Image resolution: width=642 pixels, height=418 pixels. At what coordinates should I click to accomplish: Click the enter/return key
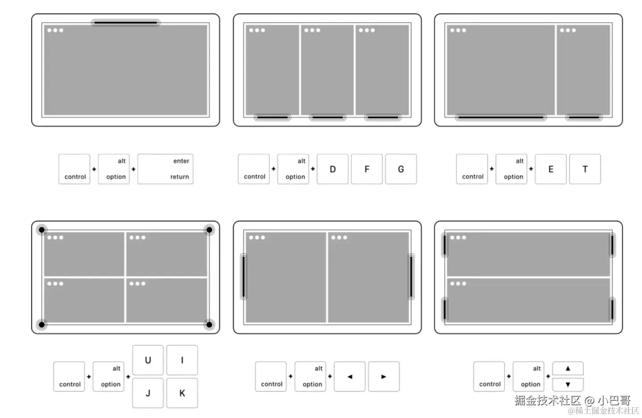click(165, 169)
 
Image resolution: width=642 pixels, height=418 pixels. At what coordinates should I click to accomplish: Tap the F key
click(366, 169)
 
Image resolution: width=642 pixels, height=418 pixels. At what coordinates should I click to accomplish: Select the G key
click(401, 169)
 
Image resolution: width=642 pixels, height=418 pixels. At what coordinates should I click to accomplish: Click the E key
click(551, 169)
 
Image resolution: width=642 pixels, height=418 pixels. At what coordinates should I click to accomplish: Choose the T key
click(585, 169)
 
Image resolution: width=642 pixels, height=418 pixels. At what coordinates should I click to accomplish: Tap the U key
click(148, 360)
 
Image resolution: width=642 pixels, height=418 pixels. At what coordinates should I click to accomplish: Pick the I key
click(182, 360)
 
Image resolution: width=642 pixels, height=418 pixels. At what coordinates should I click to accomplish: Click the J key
click(148, 393)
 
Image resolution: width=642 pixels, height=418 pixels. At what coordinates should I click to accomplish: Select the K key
click(182, 393)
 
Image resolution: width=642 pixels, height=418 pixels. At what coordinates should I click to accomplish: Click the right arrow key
click(384, 376)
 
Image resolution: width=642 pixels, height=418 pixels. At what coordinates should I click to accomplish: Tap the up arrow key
click(568, 368)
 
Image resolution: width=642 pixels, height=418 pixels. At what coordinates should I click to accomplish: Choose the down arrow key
click(568, 385)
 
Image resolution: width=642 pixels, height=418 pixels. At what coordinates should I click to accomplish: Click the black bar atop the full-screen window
click(126, 23)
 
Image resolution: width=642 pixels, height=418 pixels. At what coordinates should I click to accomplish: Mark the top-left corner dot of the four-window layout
click(41, 230)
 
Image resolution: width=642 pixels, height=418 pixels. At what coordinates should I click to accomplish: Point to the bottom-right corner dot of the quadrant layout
click(209, 325)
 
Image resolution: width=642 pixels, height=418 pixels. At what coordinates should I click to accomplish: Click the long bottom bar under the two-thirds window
click(501, 117)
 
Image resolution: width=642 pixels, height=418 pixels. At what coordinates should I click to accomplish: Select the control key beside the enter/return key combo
click(74, 169)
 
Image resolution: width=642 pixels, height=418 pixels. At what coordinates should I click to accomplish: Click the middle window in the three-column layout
click(327, 70)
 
